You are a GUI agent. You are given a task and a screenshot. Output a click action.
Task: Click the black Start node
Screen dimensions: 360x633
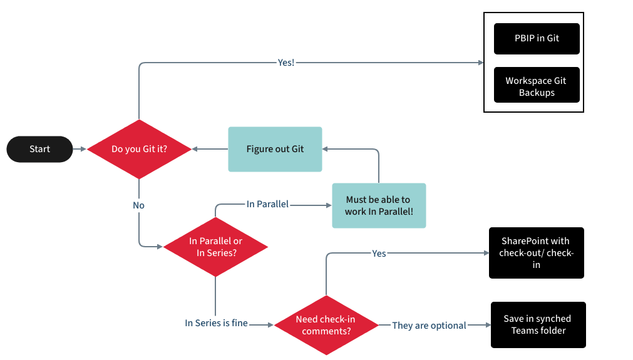[x=40, y=149]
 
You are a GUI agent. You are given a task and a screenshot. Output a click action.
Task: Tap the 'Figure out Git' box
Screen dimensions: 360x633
[x=275, y=149]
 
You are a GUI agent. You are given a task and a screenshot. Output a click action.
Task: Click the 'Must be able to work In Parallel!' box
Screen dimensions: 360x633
[x=379, y=205]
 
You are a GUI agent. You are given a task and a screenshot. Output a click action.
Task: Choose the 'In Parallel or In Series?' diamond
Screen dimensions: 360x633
[x=215, y=247]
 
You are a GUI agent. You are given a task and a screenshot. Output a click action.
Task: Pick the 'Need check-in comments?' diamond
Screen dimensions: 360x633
[x=326, y=325]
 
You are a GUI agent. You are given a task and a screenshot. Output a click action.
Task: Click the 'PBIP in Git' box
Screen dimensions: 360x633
[x=537, y=38]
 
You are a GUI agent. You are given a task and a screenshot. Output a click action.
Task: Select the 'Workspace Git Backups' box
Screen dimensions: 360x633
[x=537, y=86]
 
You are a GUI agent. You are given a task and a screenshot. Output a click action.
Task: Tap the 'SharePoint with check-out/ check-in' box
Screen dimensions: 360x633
[x=536, y=253]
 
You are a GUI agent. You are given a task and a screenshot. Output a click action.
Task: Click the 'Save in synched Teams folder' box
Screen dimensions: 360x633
[x=538, y=325]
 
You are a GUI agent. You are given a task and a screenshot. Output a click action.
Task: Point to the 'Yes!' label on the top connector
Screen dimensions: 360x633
[x=286, y=63]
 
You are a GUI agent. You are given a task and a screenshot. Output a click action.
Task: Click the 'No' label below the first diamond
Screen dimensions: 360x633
[x=138, y=205]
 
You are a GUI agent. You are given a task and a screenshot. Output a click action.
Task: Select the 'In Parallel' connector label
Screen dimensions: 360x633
[x=267, y=204]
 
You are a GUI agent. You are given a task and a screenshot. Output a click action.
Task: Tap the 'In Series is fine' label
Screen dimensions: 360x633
[x=217, y=323]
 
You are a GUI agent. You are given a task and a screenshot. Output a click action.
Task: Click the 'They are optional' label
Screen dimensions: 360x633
[x=429, y=326]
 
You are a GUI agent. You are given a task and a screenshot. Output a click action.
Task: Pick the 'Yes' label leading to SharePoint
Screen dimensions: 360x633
[x=379, y=254]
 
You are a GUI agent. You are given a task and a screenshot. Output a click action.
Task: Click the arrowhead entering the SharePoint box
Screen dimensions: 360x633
[x=485, y=254]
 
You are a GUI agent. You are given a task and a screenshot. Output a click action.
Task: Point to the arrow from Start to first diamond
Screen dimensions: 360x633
[x=80, y=149]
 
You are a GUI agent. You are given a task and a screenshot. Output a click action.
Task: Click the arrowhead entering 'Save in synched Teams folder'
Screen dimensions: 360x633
[x=487, y=325]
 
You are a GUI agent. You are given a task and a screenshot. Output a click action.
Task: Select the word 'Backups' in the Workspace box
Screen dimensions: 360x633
[x=537, y=93]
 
